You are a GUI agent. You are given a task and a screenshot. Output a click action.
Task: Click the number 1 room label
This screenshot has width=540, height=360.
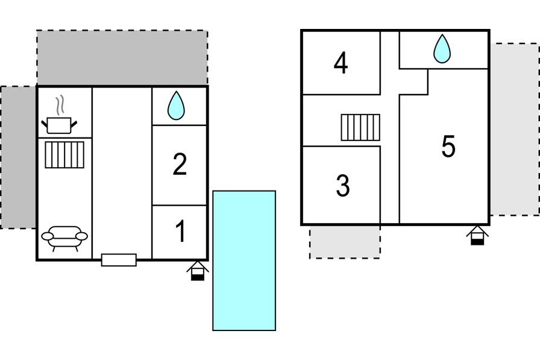[180, 231]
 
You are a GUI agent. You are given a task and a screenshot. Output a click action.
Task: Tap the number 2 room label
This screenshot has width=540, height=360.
[180, 165]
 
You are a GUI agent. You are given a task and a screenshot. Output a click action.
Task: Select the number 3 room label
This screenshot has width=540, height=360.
[343, 186]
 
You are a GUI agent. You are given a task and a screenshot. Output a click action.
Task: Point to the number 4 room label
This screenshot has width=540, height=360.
[341, 63]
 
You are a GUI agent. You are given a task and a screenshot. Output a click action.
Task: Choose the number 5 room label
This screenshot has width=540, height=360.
[448, 147]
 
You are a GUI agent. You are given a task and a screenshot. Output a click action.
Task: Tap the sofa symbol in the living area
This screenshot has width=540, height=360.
[64, 238]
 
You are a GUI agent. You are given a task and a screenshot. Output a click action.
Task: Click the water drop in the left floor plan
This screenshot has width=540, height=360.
[176, 106]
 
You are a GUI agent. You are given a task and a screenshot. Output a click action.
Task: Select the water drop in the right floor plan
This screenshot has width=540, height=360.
[442, 49]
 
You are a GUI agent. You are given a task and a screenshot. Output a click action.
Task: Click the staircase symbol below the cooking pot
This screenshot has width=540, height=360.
[64, 155]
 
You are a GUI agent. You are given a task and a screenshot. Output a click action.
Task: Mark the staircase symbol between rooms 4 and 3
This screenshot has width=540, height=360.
[360, 127]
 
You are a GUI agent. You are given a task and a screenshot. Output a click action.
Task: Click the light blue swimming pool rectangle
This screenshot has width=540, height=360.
[244, 261]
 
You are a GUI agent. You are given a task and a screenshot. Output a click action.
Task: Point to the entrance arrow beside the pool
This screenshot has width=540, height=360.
[198, 271]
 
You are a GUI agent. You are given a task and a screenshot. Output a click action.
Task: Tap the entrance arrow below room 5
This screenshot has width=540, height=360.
[477, 236]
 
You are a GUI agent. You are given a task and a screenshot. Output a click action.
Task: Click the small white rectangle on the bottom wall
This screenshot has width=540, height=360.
[119, 260]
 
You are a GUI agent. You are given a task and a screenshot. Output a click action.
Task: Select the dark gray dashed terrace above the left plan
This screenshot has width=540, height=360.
[122, 57]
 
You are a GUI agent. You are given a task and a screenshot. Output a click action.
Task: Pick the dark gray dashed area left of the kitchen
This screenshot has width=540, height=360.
[19, 157]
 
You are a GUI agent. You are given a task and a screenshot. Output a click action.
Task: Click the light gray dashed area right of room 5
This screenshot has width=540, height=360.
[515, 130]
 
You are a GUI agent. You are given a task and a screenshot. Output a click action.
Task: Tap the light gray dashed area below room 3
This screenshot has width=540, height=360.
[345, 242]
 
